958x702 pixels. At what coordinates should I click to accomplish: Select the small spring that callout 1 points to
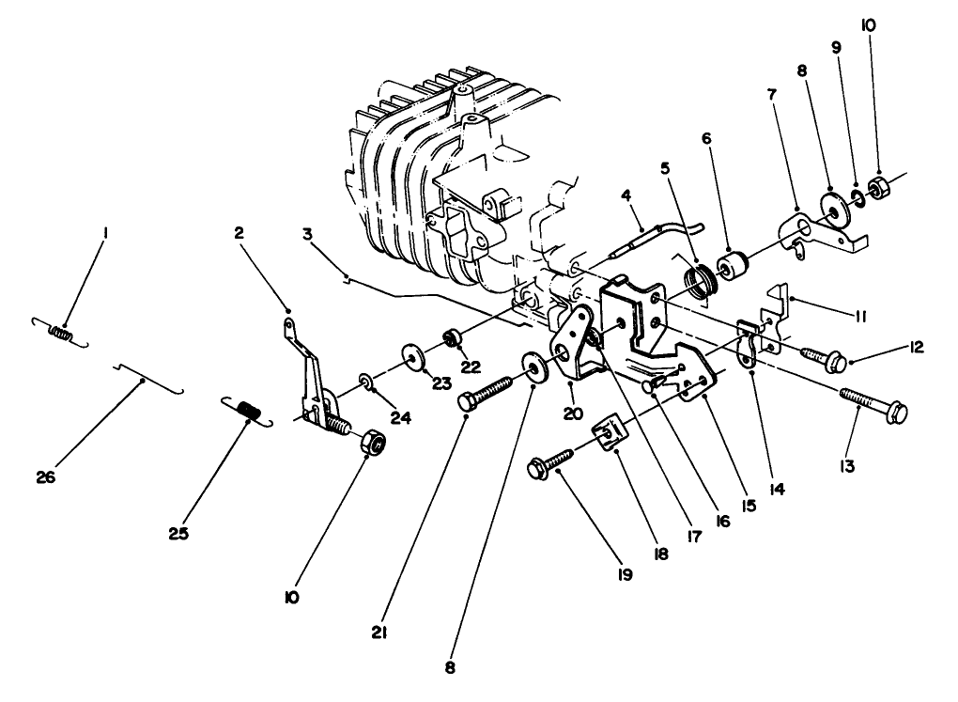tap(60, 331)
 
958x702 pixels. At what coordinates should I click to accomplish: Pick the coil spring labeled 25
tap(247, 411)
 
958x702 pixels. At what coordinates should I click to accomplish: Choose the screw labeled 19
tap(553, 460)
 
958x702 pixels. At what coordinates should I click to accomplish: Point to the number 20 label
tap(572, 413)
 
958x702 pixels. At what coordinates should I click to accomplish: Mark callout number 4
tap(624, 196)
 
